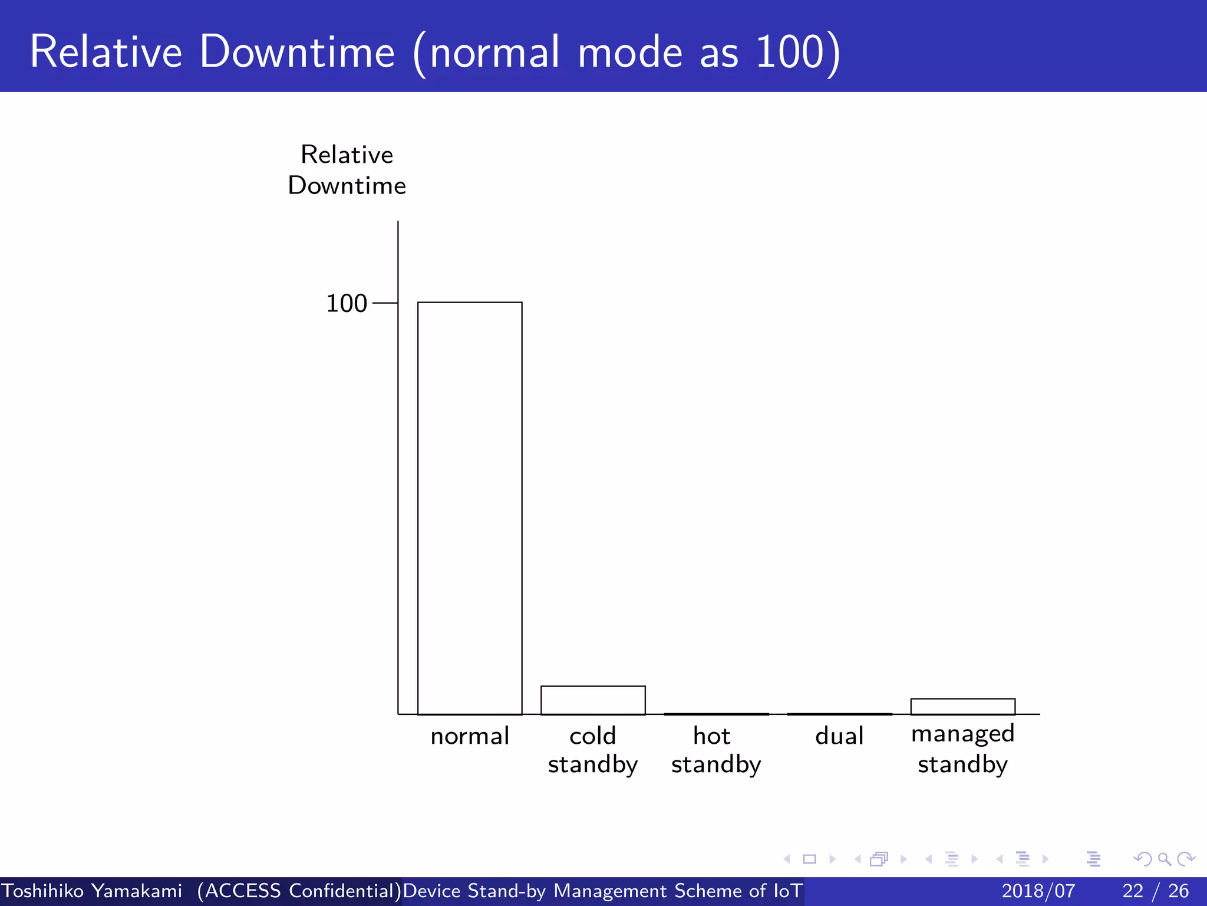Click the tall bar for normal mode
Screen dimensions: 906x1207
(x=470, y=507)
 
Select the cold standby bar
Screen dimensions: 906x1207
(x=593, y=700)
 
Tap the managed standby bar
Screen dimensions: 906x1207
(x=962, y=707)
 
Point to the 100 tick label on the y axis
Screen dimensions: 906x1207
(x=347, y=303)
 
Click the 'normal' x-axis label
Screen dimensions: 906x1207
(x=470, y=736)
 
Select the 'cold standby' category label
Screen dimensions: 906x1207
(x=593, y=750)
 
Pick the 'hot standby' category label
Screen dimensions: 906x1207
(x=715, y=750)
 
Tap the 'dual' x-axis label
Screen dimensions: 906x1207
(x=839, y=736)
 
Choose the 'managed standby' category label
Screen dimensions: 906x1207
(x=962, y=749)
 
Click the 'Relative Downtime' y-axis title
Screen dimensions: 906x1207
(x=347, y=170)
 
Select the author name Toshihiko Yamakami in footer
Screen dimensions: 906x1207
(x=92, y=891)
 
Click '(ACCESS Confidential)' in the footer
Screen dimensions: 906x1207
(x=299, y=891)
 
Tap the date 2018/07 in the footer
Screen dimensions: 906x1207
(x=1038, y=891)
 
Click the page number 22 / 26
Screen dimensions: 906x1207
(x=1155, y=891)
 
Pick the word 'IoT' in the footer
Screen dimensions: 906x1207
(x=787, y=891)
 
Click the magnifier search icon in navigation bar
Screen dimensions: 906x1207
(x=1164, y=859)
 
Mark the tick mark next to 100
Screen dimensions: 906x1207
(x=385, y=303)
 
